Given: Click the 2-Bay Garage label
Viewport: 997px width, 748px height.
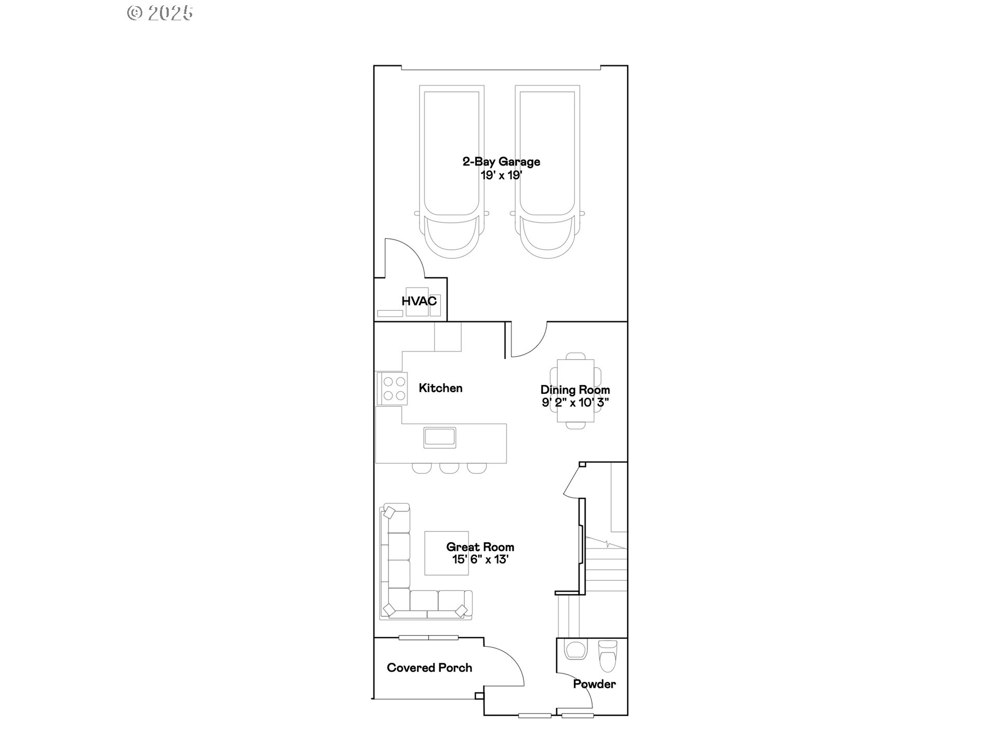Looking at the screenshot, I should tap(501, 162).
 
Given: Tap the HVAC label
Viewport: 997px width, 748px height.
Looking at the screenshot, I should tap(419, 301).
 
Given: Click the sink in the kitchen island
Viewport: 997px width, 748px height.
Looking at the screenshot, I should tap(439, 437).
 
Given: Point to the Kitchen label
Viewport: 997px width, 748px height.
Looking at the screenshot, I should tap(440, 388).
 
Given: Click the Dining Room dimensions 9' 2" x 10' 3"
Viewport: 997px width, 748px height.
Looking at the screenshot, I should tap(575, 403).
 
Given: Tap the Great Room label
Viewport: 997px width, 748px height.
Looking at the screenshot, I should tap(480, 547).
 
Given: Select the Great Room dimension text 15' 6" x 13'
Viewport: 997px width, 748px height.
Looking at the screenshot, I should tap(480, 559).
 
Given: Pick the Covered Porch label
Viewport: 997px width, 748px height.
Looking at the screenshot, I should tap(429, 668).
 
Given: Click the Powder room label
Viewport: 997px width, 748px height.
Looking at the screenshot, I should tap(594, 684).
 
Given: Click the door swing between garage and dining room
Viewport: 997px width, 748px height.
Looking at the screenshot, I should tap(529, 340).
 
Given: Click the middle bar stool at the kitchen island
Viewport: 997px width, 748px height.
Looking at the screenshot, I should tap(449, 468).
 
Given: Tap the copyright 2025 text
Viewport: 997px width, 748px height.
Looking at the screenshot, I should tap(160, 13).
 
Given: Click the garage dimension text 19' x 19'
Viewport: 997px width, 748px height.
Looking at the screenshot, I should tap(501, 175).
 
